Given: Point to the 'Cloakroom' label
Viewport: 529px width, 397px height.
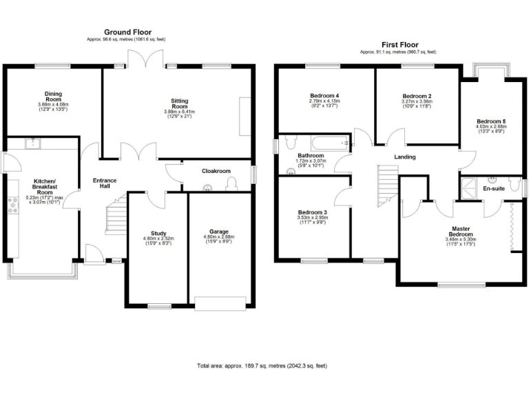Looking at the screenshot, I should click(x=216, y=170).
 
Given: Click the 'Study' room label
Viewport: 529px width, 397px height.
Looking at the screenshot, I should click(x=158, y=234).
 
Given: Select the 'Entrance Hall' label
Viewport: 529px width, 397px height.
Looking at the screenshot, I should click(x=105, y=184).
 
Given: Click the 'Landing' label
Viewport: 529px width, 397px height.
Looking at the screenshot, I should click(x=404, y=157).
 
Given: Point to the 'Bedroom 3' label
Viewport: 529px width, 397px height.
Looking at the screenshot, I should click(x=312, y=212).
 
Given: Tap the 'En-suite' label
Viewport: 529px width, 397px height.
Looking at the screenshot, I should click(x=493, y=187).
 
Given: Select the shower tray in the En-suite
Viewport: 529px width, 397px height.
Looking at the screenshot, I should click(x=470, y=187).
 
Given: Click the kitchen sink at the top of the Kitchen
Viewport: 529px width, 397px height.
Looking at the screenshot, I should click(x=33, y=143).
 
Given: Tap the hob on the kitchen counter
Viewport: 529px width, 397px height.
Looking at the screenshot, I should click(x=12, y=202).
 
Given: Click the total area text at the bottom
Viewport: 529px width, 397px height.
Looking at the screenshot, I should click(x=262, y=365).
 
